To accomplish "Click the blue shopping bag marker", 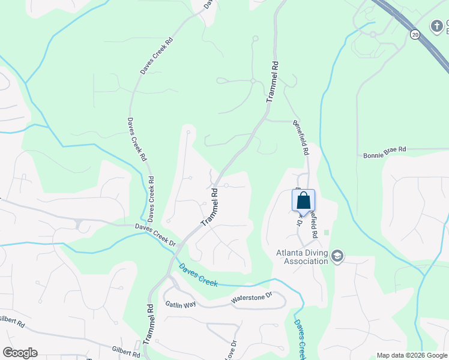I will point(303,200).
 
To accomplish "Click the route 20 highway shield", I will point(414,35).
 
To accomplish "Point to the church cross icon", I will point(436,26).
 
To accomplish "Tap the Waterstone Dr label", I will point(252,298).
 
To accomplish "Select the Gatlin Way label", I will point(181,305).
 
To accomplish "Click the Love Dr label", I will point(232,350).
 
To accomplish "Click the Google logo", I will point(20,353).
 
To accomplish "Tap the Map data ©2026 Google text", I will point(412,355).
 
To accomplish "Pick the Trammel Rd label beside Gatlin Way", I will point(149,322).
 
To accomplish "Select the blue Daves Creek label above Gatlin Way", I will point(198,275).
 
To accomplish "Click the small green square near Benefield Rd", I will point(327,232).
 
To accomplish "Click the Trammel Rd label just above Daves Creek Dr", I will point(209,207).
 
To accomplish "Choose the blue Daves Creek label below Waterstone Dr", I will point(301,338).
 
